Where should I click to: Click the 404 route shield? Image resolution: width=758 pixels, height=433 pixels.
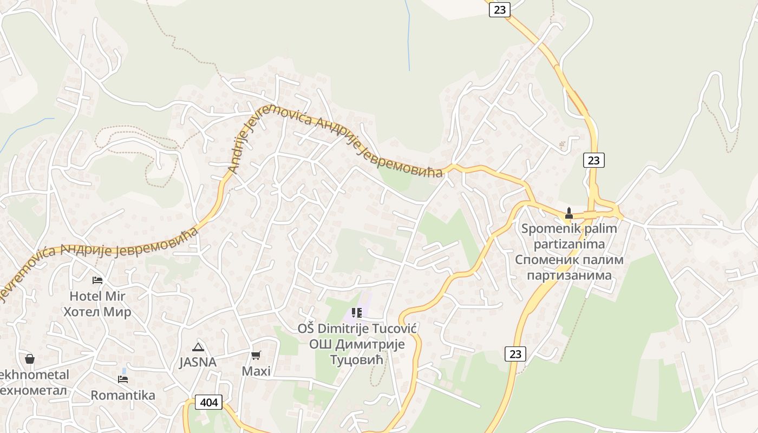coord(209,402)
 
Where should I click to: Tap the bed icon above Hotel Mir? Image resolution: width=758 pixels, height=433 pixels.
coord(97,280)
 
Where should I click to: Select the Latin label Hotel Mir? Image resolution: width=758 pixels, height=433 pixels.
coord(97,296)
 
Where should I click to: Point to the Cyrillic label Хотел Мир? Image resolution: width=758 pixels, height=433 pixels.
coord(97,312)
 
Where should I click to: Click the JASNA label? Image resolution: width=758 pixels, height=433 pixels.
coord(198,362)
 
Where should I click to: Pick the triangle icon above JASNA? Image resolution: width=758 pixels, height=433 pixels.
coord(198,347)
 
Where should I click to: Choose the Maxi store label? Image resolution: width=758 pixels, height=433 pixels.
coord(256,371)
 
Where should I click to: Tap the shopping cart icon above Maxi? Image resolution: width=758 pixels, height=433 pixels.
coord(256,355)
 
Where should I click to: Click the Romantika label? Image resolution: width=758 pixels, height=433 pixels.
coord(123,395)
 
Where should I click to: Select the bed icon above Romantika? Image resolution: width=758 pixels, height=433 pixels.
coord(123,379)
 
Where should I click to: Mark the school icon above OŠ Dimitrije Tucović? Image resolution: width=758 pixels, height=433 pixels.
coord(356,312)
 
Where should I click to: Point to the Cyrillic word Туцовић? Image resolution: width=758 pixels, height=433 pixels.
coord(357,360)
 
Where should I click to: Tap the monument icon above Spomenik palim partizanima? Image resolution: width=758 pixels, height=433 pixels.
coord(568,213)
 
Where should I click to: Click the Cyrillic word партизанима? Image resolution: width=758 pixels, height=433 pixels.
coord(569,275)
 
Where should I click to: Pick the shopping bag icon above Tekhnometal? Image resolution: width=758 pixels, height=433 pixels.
coord(30,359)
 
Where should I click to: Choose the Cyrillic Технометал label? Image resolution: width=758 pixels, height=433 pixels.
coord(32,390)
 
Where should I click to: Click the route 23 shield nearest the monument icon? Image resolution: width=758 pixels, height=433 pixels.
coord(594,160)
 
